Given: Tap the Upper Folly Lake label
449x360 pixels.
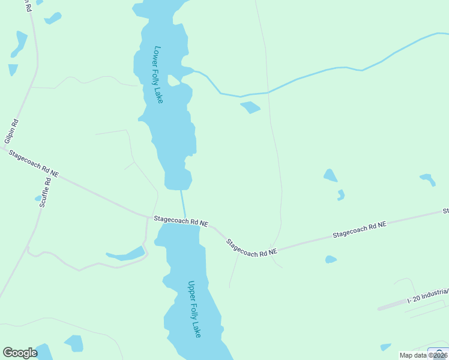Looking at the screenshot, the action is [194, 309].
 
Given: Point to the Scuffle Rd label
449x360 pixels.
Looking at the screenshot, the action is [45, 193].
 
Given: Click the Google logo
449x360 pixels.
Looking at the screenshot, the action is [20, 353].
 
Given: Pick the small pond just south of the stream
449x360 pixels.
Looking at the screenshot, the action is [250, 107].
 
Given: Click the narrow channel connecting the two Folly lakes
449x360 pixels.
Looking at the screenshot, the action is [183, 204].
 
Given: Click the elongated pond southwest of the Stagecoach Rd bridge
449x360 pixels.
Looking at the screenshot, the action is [126, 255].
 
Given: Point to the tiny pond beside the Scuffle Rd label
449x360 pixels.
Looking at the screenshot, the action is [38, 198].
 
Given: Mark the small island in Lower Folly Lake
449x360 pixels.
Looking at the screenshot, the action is [173, 80].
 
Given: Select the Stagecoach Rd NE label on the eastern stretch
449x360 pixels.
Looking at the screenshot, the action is [360, 230].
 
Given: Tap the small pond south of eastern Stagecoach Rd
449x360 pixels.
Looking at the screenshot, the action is [331, 259].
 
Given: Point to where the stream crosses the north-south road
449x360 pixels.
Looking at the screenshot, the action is [268, 93].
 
